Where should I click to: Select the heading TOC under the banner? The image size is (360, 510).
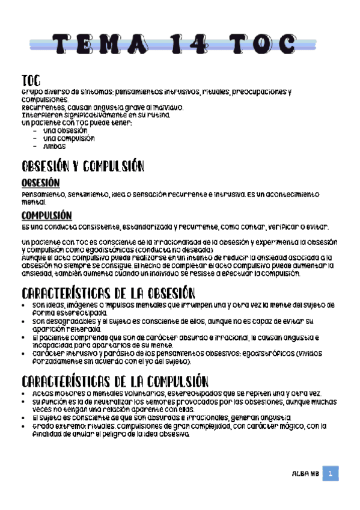(x=31, y=81)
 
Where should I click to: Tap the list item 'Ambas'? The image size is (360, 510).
(x=55, y=146)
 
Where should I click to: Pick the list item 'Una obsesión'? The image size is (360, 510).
(x=65, y=130)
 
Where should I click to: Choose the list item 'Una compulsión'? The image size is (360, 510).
(x=69, y=138)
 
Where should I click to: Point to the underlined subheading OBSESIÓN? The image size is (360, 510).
(x=40, y=183)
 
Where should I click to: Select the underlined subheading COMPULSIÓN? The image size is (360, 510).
(x=46, y=215)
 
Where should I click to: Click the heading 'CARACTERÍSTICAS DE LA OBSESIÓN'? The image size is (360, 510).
(x=108, y=294)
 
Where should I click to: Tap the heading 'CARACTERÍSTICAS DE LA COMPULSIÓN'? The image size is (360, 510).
(x=115, y=381)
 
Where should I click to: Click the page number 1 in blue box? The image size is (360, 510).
(x=330, y=474)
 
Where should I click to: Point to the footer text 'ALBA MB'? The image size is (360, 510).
(x=305, y=475)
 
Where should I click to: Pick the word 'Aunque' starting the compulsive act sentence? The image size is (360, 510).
(x=33, y=257)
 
